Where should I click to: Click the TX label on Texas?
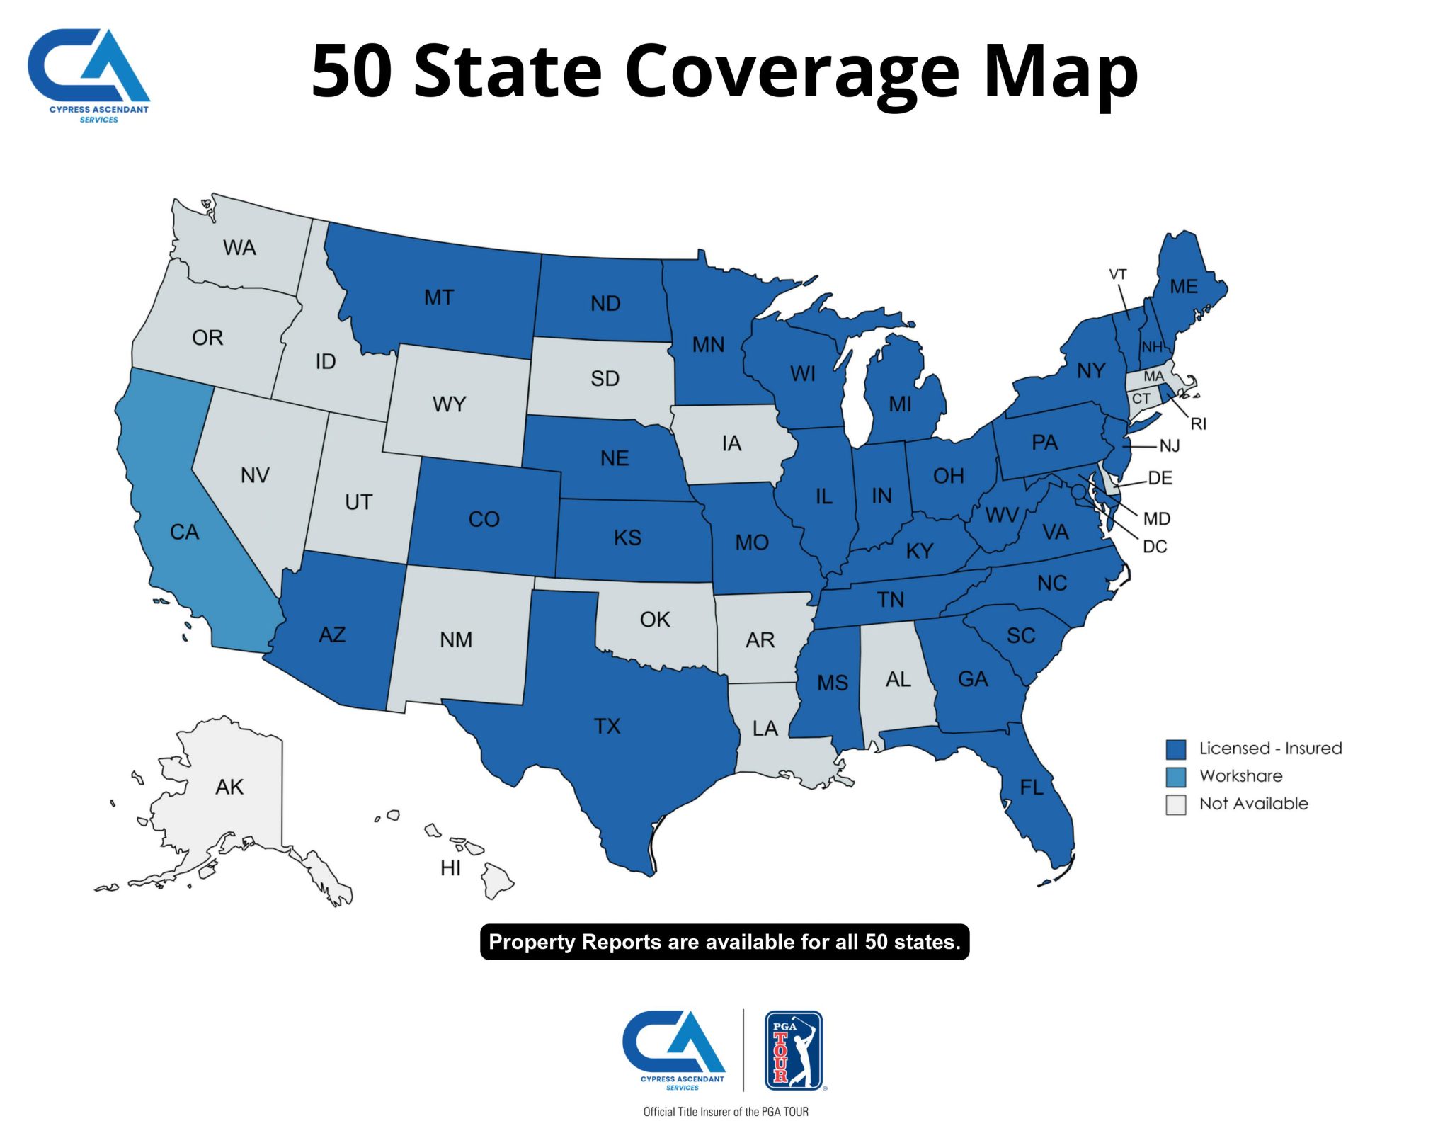click(607, 726)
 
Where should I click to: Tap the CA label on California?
click(184, 532)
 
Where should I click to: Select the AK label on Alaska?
click(229, 787)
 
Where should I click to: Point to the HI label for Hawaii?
click(450, 868)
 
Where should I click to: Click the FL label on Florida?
click(1032, 787)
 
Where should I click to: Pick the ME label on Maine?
click(1184, 287)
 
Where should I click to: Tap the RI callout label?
click(1198, 423)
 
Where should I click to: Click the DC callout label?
click(1155, 547)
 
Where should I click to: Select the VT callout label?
click(1118, 274)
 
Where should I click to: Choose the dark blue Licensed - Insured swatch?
click(1175, 749)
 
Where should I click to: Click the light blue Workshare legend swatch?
click(1175, 777)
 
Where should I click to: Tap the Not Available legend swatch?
click(1175, 804)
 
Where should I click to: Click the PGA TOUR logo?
click(794, 1049)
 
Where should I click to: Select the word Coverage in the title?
click(792, 71)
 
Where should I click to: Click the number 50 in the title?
click(351, 71)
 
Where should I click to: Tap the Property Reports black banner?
click(724, 942)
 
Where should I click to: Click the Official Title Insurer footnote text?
click(725, 1111)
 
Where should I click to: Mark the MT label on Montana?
click(439, 297)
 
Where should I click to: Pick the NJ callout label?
click(1169, 445)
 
